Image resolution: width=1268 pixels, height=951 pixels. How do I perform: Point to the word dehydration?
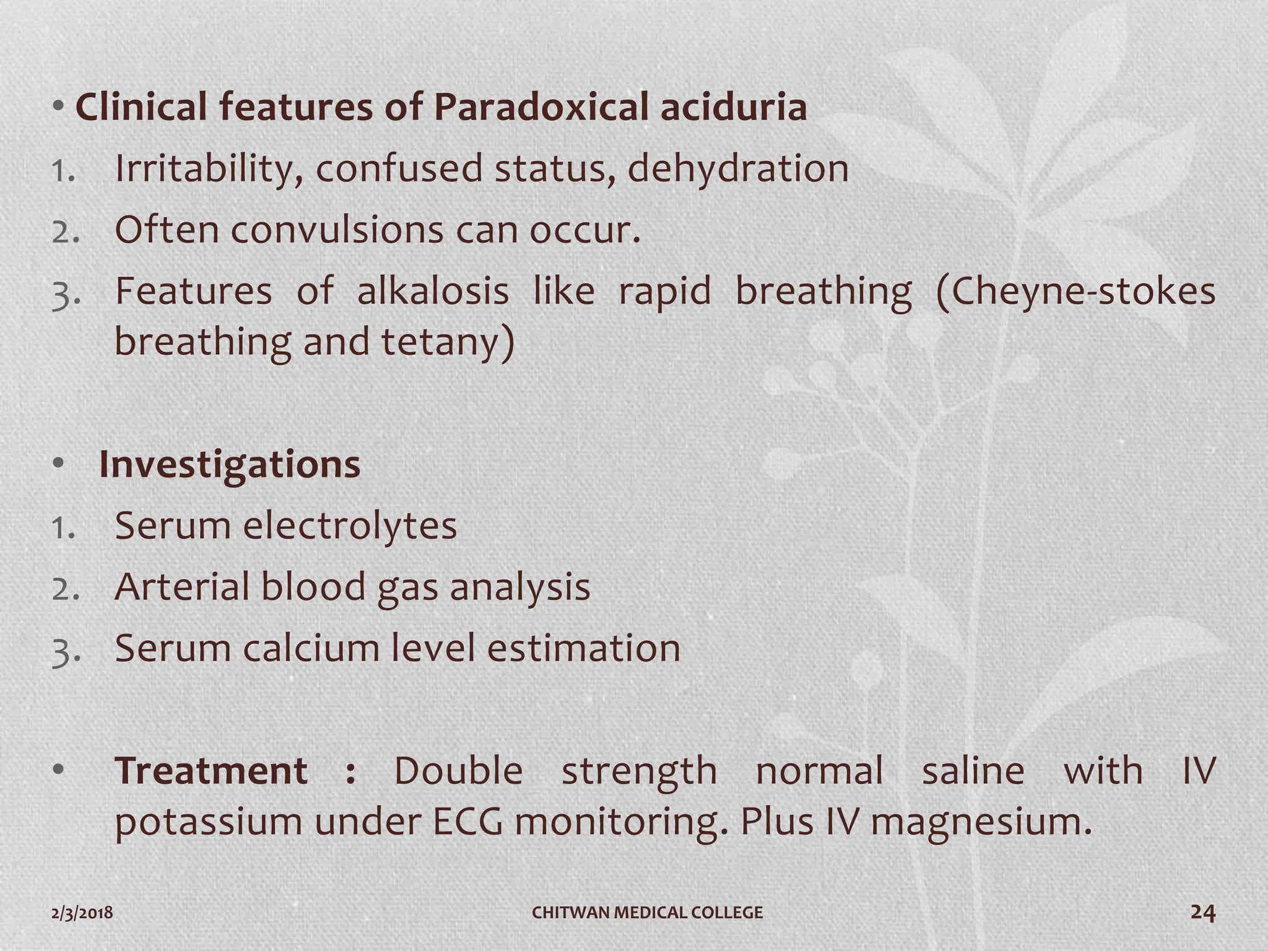coord(738,168)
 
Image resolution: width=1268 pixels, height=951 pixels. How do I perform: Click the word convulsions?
coord(337,230)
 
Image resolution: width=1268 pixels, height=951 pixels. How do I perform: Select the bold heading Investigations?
coord(229,464)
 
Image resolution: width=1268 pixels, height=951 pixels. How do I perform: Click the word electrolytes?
coord(349,526)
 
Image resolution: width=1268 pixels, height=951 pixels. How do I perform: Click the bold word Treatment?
coord(211,771)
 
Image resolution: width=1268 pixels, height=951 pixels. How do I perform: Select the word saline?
coord(973,771)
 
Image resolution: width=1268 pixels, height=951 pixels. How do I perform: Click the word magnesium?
coord(981,822)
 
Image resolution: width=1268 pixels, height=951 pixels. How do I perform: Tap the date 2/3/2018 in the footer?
coord(82,913)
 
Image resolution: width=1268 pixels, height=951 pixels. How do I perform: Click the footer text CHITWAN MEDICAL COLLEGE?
coord(648,913)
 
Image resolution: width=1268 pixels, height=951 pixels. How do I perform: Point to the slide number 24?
coord(1202,912)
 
